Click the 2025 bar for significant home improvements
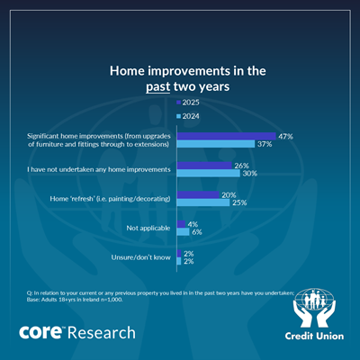227,136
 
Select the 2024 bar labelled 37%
216,144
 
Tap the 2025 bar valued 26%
204,166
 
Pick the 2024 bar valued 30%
209,173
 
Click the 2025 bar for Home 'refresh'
198,194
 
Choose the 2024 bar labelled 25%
203,202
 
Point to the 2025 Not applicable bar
181,224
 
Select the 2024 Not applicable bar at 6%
184,231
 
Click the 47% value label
285,137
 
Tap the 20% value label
229,195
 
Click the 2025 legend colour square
179,103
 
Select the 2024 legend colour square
179,116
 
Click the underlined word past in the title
158,87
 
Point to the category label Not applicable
148,228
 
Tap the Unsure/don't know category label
140,257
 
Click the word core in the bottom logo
40,332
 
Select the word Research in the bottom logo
102,333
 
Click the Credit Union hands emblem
314,308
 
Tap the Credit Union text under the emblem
314,336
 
